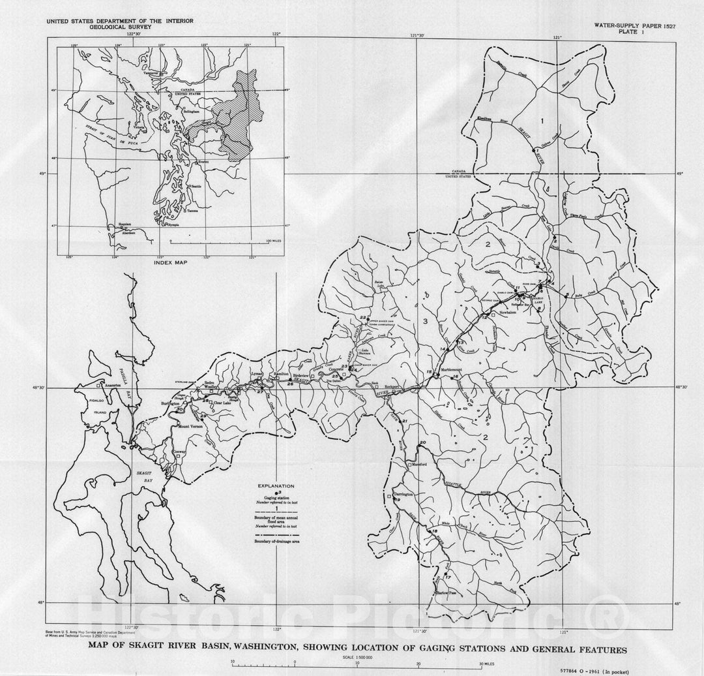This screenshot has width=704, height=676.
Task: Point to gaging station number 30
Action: click(179, 409)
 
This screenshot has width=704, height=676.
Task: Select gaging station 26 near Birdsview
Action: click(290, 385)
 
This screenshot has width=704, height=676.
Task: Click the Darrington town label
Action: click(403, 496)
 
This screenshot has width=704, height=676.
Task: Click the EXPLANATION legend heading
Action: click(276, 486)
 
